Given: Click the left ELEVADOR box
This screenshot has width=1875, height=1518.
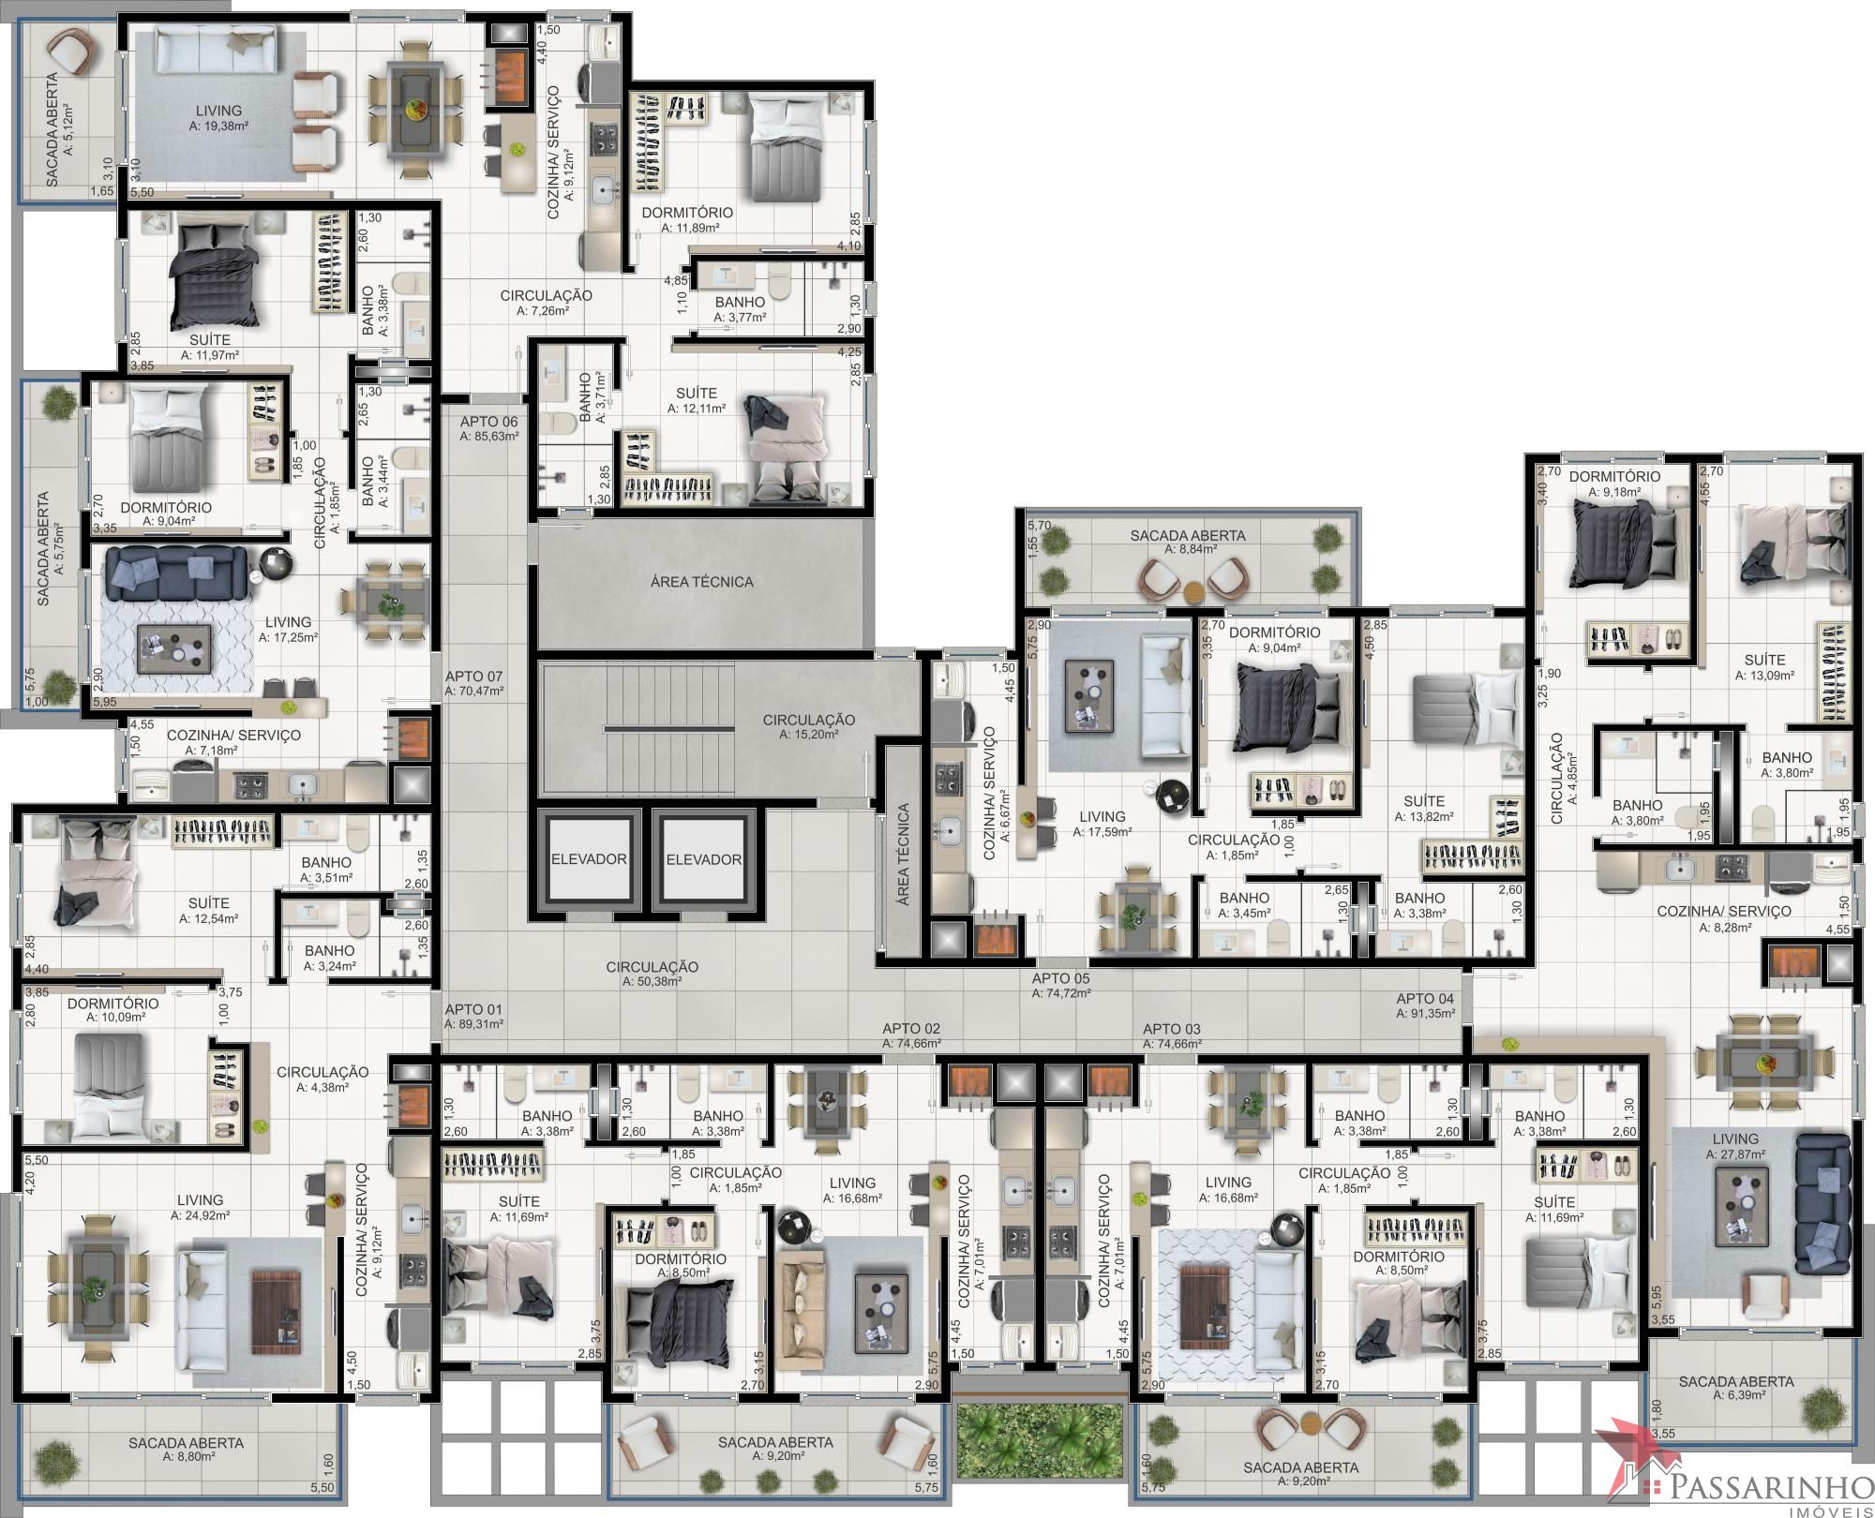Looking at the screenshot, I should pos(589,858).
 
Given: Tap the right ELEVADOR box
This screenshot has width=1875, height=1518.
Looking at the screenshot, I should pos(704,858).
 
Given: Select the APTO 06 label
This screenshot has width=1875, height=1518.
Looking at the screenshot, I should pos(488,428).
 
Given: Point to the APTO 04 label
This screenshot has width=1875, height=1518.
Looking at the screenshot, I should pos(1425,1005).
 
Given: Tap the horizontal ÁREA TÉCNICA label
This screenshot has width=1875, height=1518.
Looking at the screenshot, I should pos(702,582).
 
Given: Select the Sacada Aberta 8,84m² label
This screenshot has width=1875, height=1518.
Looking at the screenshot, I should pos(1187,543).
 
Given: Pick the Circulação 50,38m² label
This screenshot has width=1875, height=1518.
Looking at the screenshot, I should pos(652,974).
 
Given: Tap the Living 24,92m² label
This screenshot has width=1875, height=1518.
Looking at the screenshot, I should pos(200,1206).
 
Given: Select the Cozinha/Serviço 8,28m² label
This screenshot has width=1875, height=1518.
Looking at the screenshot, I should pos(1724,918).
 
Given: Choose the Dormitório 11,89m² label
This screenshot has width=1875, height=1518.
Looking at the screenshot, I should pos(687,219).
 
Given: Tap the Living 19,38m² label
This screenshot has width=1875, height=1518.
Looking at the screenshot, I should pos(218,117).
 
